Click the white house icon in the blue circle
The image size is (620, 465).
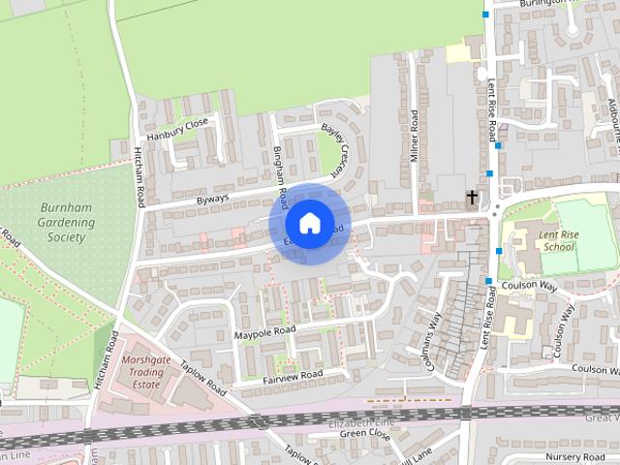[309, 223]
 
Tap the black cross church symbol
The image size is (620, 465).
[472, 198]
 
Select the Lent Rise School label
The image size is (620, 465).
[559, 240]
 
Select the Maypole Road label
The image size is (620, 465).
[263, 333]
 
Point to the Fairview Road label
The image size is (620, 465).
[293, 374]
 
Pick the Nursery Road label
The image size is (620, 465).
[573, 455]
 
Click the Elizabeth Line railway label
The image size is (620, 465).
[362, 423]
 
